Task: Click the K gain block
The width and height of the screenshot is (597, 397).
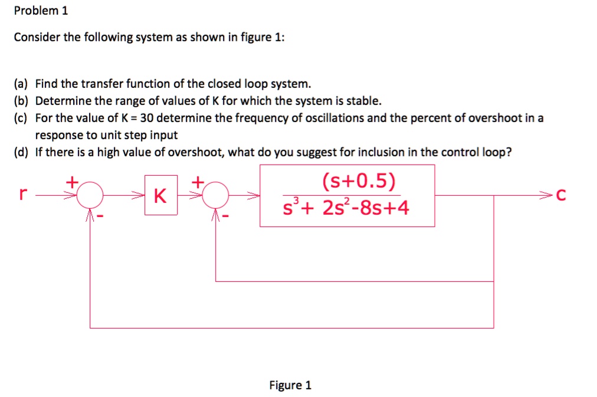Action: (160, 196)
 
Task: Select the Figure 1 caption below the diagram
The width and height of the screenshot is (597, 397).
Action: (290, 385)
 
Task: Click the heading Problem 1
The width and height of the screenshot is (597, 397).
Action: (41, 11)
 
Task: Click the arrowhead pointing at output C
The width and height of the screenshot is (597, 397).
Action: (547, 195)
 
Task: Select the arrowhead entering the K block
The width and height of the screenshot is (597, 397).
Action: (139, 195)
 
